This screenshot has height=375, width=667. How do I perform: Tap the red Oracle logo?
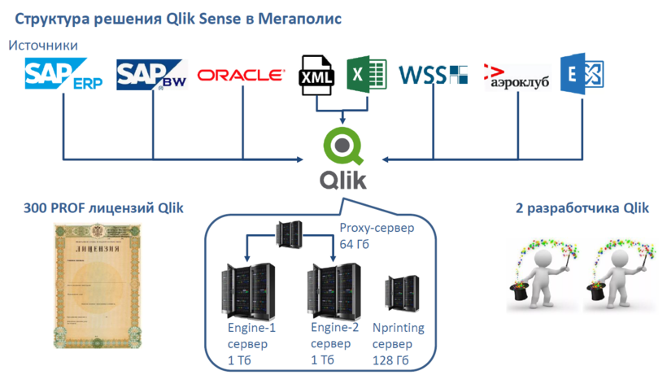point(241,75)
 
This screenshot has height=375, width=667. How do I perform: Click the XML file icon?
point(317,76)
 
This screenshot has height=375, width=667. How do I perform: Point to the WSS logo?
point(433,76)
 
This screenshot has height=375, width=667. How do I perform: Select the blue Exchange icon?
point(582,75)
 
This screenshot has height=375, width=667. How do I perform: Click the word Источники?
point(44,46)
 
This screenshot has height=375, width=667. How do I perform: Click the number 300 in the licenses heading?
point(37,208)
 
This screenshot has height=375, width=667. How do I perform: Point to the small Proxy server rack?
point(290,235)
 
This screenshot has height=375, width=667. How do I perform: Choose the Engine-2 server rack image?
point(333,291)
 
